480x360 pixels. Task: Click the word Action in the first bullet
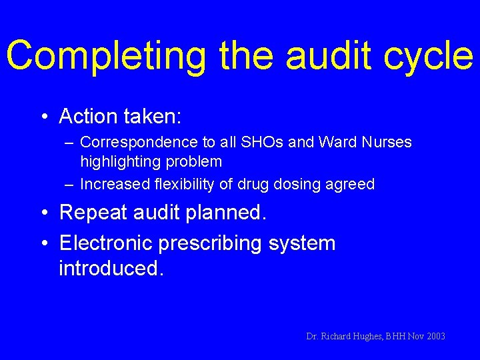[89, 117]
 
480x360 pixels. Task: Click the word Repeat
[93, 213]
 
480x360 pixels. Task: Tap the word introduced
[110, 269]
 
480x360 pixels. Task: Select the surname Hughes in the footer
[367, 337]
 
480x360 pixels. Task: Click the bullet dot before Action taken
[43, 117]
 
